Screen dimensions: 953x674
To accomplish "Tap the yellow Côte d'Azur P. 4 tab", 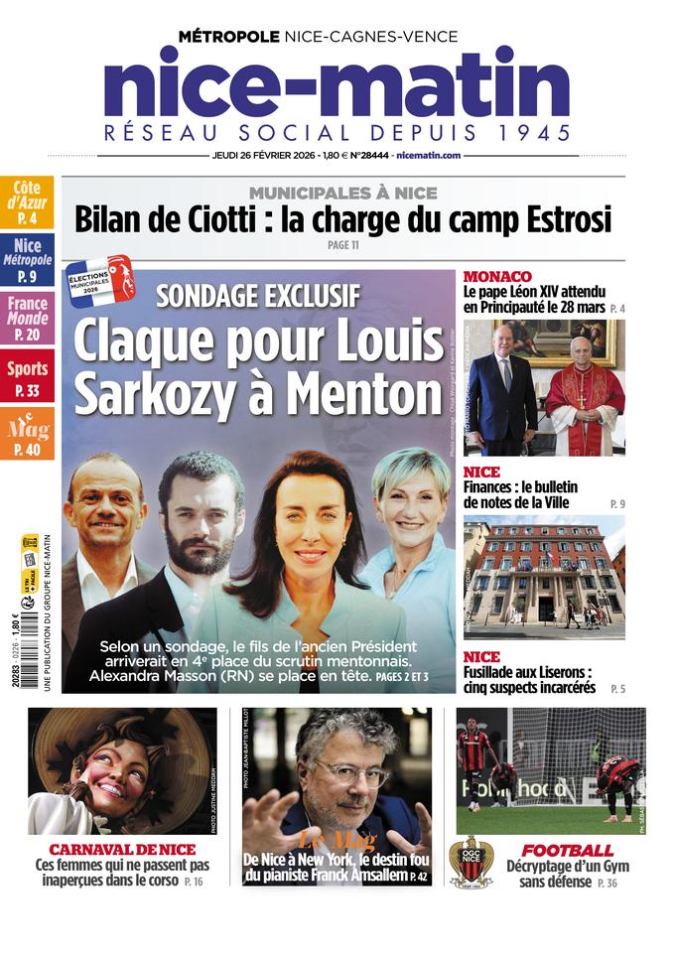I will tap(27, 202).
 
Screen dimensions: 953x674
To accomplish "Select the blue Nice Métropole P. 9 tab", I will tap(27, 261).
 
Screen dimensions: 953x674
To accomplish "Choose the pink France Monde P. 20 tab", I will tap(27, 319).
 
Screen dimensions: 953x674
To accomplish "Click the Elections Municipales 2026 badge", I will tap(99, 281).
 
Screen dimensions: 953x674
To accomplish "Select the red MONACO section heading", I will tap(497, 276).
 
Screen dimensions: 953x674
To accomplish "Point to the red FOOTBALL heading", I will tap(567, 851).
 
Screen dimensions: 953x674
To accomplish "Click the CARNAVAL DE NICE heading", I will tap(122, 850).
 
